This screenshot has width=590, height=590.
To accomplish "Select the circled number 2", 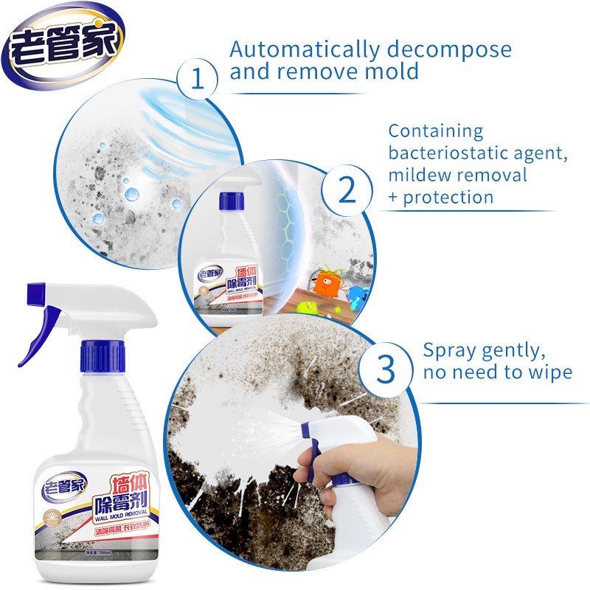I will pyautogui.click(x=347, y=190).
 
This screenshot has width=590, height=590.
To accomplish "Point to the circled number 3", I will pyautogui.click(x=386, y=369).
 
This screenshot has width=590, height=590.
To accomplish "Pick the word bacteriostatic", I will pyautogui.click(x=446, y=153).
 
